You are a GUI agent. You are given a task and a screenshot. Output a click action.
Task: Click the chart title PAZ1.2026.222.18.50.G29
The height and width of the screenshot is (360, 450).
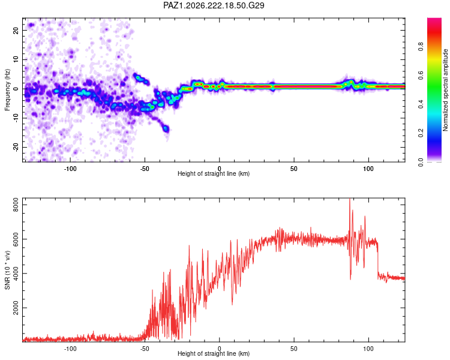pyautogui.click(x=214, y=5)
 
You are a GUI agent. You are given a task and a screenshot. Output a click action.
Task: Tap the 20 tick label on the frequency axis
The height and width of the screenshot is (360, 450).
pyautogui.click(x=16, y=30)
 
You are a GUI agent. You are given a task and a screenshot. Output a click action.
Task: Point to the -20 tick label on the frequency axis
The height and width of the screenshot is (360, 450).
pyautogui.click(x=16, y=147)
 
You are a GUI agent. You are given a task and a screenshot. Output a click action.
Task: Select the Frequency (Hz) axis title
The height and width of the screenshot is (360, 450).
pyautogui.click(x=7, y=90)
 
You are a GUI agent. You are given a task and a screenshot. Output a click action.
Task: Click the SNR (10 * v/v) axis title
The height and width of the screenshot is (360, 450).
pyautogui.click(x=7, y=270)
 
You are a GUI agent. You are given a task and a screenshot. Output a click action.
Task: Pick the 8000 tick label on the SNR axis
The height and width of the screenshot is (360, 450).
pyautogui.click(x=16, y=205)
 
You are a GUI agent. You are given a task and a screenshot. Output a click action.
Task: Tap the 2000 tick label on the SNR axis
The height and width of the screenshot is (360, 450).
pyautogui.click(x=16, y=308)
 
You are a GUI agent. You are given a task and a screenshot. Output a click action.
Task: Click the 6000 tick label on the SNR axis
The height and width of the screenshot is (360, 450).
pyautogui.click(x=16, y=239)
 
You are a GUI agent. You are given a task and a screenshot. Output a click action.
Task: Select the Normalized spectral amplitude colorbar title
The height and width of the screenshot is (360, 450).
pyautogui.click(x=445, y=90)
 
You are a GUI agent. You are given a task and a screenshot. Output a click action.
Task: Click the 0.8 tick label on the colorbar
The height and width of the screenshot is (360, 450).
pyautogui.click(x=421, y=47)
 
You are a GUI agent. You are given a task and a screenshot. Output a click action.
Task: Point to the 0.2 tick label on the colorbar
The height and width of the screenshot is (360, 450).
pyautogui.click(x=421, y=133)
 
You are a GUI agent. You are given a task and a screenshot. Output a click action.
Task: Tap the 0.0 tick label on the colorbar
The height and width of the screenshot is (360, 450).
pyautogui.click(x=421, y=162)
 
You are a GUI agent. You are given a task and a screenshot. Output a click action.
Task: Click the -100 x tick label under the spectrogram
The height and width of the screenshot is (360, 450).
pyautogui.click(x=70, y=169)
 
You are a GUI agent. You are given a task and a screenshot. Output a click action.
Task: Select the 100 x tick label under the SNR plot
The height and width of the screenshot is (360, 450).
pyautogui.click(x=368, y=349)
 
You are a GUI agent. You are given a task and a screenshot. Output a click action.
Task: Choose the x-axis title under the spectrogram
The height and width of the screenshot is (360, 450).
pyautogui.click(x=214, y=173)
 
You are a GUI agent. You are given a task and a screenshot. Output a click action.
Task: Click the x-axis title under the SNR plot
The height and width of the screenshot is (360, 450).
pyautogui.click(x=214, y=353)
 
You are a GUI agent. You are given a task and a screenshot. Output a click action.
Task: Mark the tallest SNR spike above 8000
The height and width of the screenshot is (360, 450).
pyautogui.click(x=350, y=199)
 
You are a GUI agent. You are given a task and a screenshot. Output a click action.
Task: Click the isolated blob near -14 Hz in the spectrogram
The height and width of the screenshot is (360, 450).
pyautogui.click(x=166, y=128)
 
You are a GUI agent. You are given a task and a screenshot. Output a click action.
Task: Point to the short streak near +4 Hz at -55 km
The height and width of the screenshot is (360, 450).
pyautogui.click(x=141, y=79)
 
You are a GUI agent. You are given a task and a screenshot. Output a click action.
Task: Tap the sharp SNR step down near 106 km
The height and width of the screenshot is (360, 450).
pyautogui.click(x=377, y=260)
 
